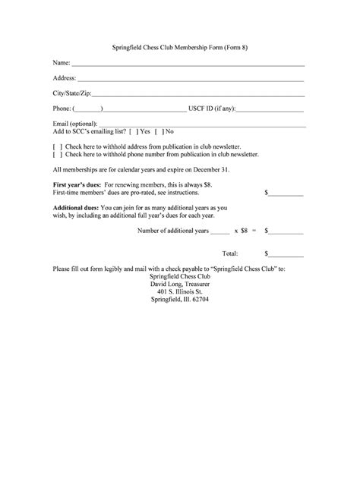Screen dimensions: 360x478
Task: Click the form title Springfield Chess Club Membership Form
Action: (179, 48)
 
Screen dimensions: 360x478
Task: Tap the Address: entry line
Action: (191, 79)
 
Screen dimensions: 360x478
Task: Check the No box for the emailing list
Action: (159, 131)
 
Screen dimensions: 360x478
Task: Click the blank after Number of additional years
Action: (219, 230)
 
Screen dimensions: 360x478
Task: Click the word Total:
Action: (229, 253)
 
